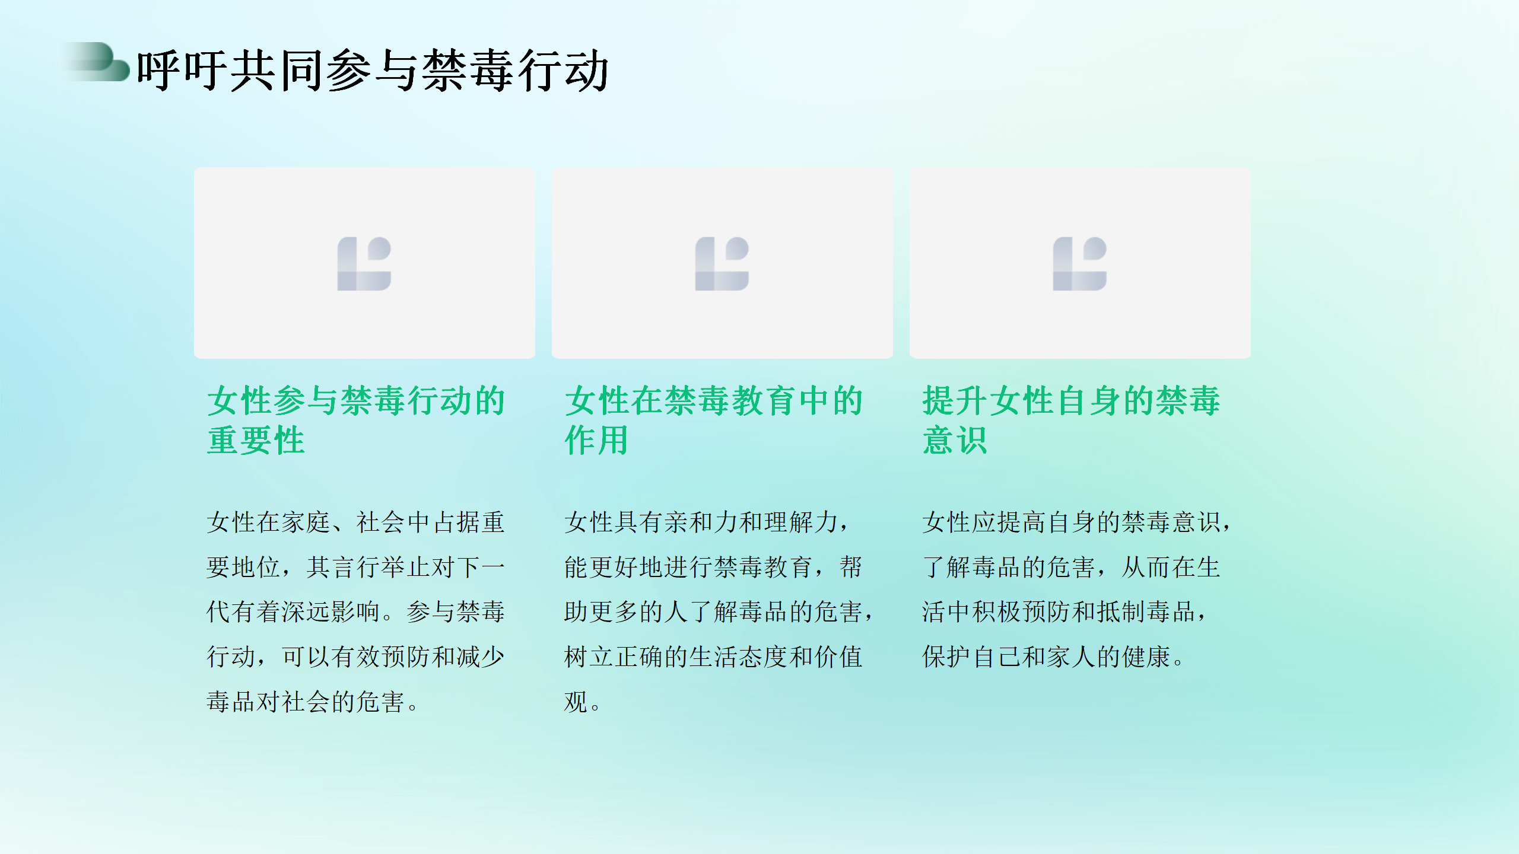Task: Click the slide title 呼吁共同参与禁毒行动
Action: (x=373, y=71)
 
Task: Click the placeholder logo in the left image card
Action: (x=364, y=264)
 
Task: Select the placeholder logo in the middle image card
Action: (x=722, y=264)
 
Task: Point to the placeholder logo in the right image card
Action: (x=1080, y=264)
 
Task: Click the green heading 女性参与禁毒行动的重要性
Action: (x=356, y=420)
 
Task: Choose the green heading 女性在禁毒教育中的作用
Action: (x=714, y=420)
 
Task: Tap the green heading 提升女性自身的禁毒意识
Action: (x=1072, y=420)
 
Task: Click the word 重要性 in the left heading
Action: (x=256, y=440)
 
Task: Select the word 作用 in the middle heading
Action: (x=596, y=440)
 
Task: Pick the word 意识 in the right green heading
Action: (x=955, y=440)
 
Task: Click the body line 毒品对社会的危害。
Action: (x=313, y=702)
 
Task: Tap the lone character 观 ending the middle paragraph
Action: (x=576, y=702)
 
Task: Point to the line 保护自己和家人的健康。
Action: (x=1054, y=657)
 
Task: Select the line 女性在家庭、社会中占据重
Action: (x=356, y=522)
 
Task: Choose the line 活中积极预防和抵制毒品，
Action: (x=1065, y=611)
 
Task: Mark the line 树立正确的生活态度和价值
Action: (x=714, y=657)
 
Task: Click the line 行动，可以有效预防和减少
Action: (x=356, y=657)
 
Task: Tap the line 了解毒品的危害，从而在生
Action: (x=1072, y=567)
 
